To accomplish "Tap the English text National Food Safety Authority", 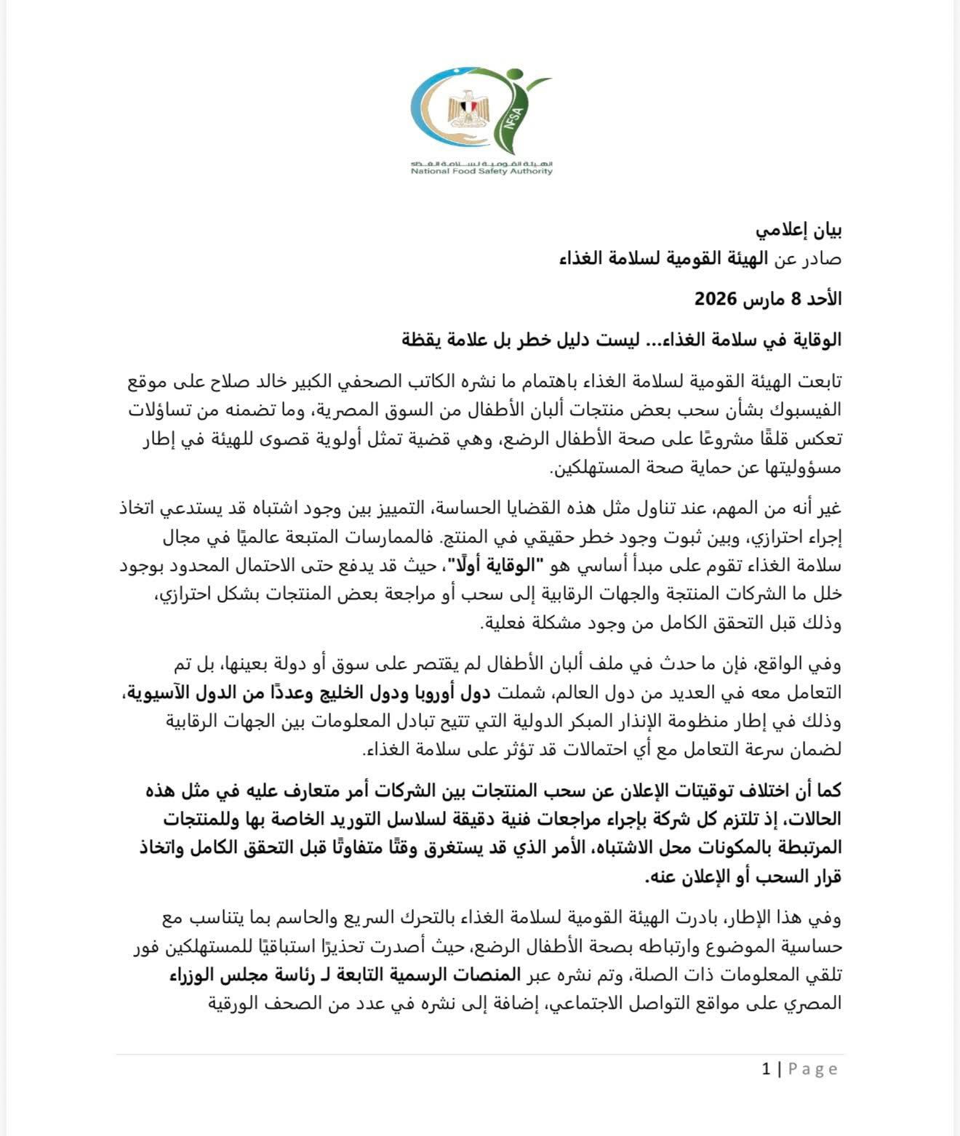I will pyautogui.click(x=481, y=172).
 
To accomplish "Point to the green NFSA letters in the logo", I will pyautogui.click(x=508, y=128).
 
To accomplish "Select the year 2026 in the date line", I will pyautogui.click(x=716, y=298).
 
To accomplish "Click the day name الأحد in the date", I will pyautogui.click(x=823, y=298).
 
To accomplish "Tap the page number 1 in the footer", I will pyautogui.click(x=766, y=1068).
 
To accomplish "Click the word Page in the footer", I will pyautogui.click(x=813, y=1068).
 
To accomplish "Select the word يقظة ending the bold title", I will pyautogui.click(x=423, y=339).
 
